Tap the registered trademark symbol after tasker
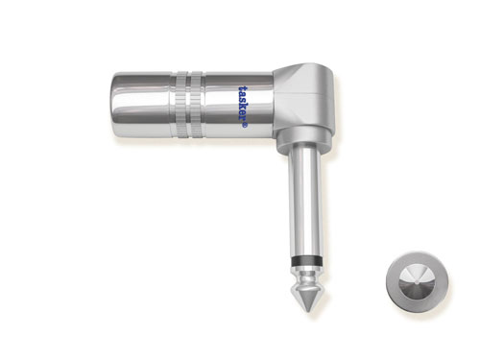coord(245,127)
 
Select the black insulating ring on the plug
coord(305,260)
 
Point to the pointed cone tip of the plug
coord(305,299)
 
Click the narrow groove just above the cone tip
coord(305,282)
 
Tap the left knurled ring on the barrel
coord(181,105)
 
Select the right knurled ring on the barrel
coord(197,105)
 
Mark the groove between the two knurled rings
coord(189,105)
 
